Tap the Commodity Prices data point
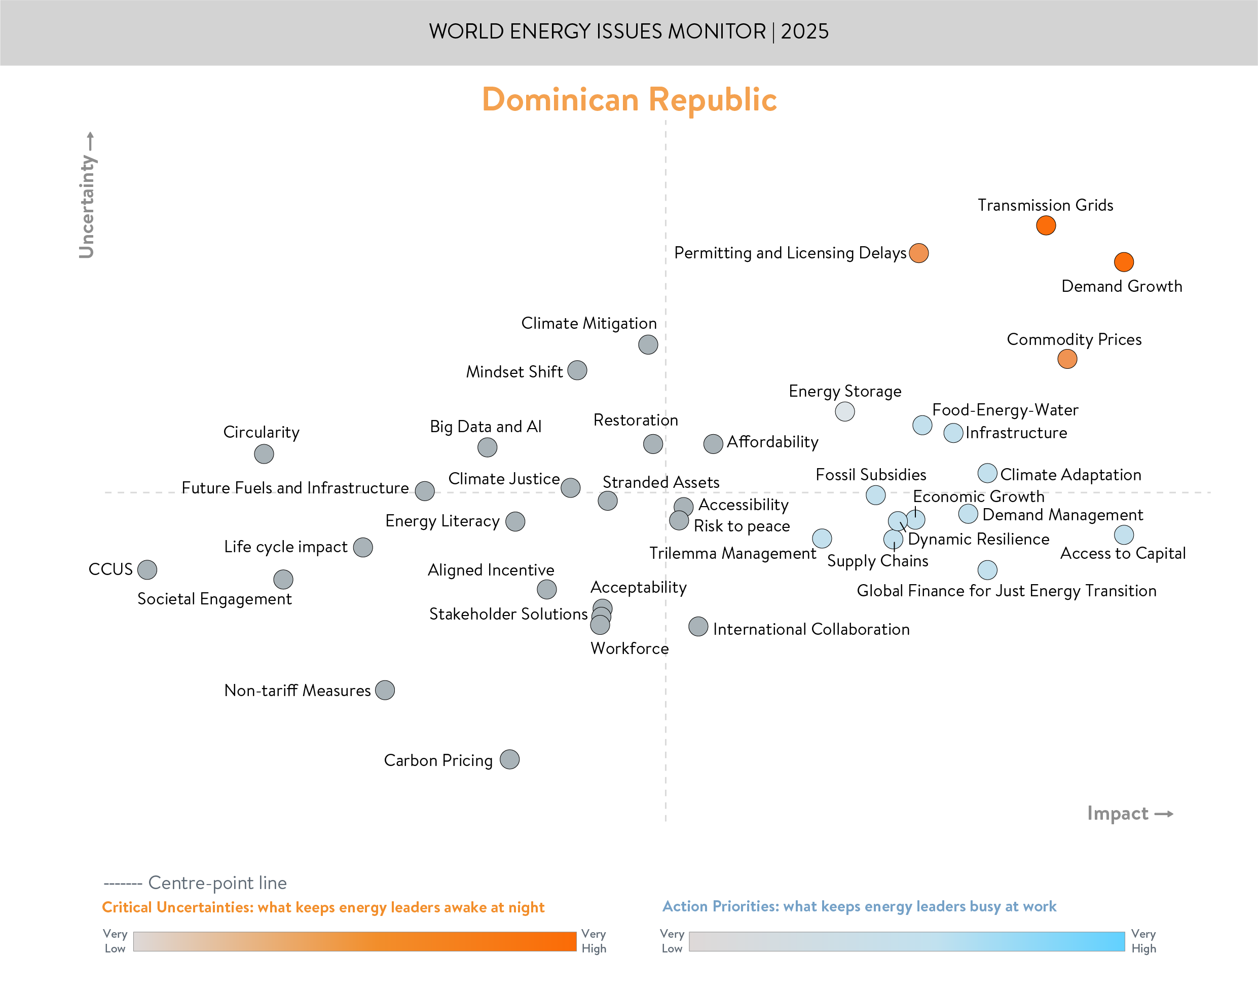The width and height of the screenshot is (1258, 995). pos(1067,359)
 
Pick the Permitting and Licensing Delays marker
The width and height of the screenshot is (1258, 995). pos(918,253)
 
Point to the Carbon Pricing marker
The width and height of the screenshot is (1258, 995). pos(509,759)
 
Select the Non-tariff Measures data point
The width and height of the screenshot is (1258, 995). pos(385,691)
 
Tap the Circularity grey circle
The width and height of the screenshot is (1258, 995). pos(264,454)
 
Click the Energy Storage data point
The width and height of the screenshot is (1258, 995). pos(844,411)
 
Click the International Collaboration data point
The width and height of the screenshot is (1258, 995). pos(698,627)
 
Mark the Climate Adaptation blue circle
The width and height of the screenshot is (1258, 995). pos(987,474)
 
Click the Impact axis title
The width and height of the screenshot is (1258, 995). pos(1118,813)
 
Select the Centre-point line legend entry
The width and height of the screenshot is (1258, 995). pos(195,883)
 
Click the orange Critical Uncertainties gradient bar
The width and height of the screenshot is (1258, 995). pos(354,941)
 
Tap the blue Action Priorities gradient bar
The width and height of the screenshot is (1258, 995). pos(906,941)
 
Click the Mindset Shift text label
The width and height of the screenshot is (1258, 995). pos(514,372)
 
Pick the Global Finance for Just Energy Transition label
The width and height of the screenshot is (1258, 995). pos(1006,591)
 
